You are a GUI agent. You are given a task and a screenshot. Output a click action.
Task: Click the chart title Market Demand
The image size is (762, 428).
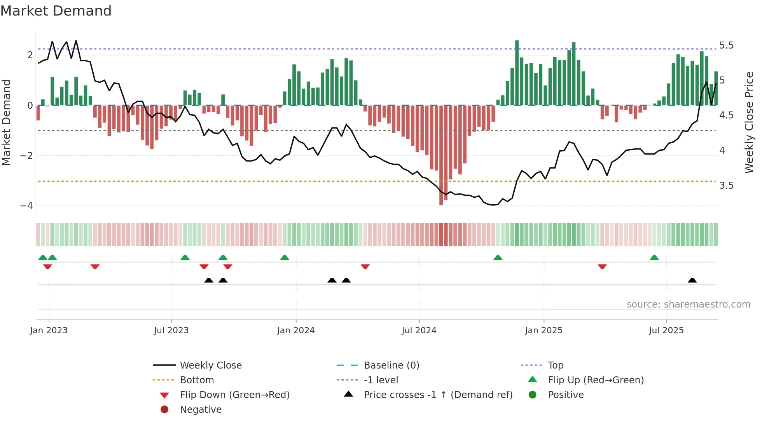pos(56,10)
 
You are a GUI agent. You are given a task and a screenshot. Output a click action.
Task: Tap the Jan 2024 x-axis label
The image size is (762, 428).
pos(295,331)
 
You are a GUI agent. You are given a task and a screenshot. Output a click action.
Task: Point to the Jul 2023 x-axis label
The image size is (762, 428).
pos(171,331)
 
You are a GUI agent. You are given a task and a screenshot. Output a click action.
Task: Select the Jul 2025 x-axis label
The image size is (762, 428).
pos(666,331)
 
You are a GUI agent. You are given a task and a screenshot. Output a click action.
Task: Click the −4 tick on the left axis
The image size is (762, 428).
pos(26,206)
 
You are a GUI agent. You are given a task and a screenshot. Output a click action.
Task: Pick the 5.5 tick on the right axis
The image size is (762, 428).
pos(726,45)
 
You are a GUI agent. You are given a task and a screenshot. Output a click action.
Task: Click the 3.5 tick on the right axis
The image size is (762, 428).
pos(726,186)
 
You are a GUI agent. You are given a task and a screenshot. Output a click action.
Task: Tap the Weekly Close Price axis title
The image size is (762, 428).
pos(749,122)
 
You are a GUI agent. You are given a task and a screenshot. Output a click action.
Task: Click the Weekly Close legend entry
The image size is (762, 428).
pos(210,365)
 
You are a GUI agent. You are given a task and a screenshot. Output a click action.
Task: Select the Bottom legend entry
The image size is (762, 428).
pos(197,380)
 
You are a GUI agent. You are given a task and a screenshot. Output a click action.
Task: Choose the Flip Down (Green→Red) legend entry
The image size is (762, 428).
pos(234,395)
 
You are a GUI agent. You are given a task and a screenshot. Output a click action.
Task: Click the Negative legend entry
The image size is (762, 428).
pos(201,410)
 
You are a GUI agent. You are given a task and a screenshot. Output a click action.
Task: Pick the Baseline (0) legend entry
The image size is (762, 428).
pos(391,365)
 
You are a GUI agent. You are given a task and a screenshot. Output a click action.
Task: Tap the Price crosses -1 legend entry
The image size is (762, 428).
pos(438,395)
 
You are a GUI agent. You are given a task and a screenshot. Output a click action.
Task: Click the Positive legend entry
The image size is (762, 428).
pos(565,395)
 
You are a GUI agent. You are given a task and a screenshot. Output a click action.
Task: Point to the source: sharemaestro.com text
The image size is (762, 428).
pos(688,304)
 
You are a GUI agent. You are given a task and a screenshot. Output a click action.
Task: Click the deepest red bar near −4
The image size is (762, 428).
pos(441,155)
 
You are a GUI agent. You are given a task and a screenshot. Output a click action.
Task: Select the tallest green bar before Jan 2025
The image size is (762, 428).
pos(517,73)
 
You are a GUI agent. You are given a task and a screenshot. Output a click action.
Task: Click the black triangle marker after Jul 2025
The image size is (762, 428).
pos(692,280)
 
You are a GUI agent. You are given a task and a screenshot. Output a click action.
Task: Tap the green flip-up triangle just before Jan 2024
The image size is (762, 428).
pos(285,257)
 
